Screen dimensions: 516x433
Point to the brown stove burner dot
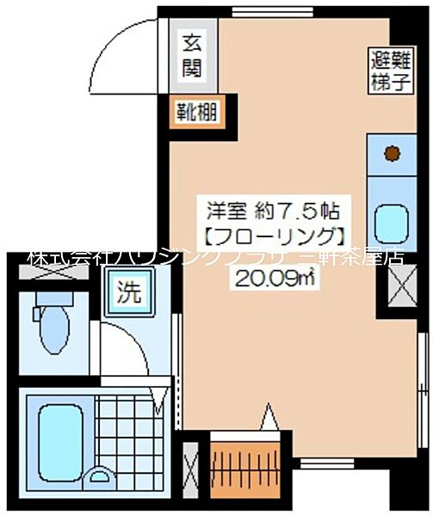pyautogui.click(x=392, y=153)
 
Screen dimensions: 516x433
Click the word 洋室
pyautogui.click(x=226, y=209)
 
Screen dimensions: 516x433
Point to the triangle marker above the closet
pyautogui.click(x=269, y=420)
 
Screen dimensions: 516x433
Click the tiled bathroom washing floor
pyautogui.click(x=124, y=430)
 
